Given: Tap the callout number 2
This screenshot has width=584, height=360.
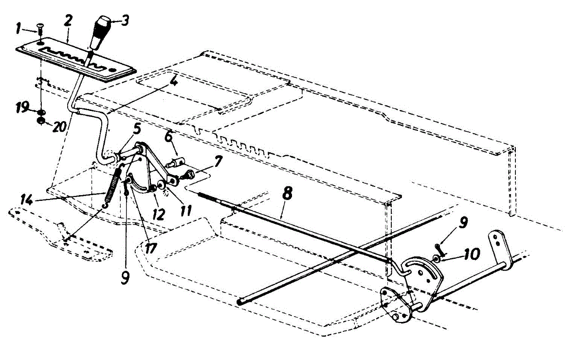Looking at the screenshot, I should tap(68, 21).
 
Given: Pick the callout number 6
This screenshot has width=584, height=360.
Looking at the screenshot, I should tap(168, 137).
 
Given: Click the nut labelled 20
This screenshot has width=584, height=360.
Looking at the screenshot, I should tap(42, 120).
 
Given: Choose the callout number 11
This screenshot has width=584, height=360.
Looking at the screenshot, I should tap(185, 211).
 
